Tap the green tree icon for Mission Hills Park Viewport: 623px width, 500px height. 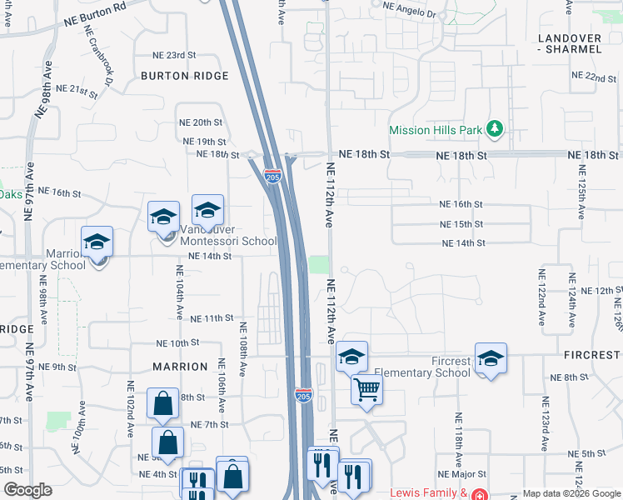(x=496, y=128)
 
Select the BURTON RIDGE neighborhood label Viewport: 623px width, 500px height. (x=184, y=76)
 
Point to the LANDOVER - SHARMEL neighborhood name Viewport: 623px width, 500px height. (x=570, y=44)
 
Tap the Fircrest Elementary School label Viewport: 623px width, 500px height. (x=422, y=372)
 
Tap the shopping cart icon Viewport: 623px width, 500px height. (x=366, y=389)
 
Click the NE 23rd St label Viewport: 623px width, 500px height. (x=175, y=55)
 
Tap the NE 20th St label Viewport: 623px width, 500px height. (x=200, y=122)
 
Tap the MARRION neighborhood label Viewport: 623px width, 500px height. (x=180, y=367)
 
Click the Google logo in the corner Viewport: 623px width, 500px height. (x=27, y=490)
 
